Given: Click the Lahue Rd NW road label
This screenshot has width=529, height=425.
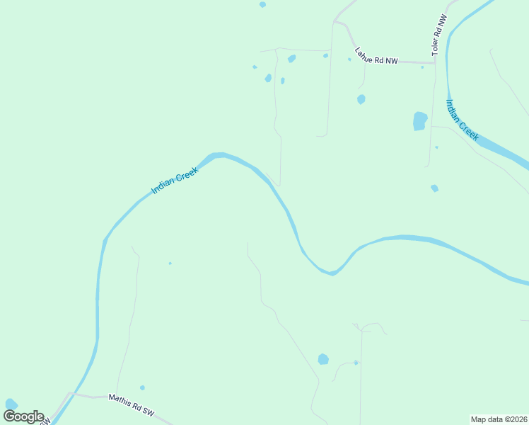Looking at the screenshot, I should [x=376, y=55].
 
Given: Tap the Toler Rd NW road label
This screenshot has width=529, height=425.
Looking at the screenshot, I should [x=439, y=36].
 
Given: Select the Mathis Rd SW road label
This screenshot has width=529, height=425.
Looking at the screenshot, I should [x=131, y=405].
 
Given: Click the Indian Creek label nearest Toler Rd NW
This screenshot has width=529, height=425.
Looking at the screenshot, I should [x=462, y=120].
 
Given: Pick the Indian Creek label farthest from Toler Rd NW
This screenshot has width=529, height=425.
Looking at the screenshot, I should [x=175, y=181].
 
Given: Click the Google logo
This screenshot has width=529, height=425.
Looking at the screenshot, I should [x=23, y=416].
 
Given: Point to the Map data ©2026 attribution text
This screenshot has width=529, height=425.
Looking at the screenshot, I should [x=499, y=419].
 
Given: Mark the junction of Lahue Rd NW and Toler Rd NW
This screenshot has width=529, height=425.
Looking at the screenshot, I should [x=435, y=62].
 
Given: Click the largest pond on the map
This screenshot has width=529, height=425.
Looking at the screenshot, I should [x=420, y=121].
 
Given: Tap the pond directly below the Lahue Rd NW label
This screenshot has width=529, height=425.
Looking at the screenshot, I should [x=361, y=99].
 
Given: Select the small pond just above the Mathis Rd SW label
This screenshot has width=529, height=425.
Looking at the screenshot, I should [x=142, y=387].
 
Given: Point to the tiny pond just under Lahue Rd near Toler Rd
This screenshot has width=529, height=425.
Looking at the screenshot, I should [x=422, y=67].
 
